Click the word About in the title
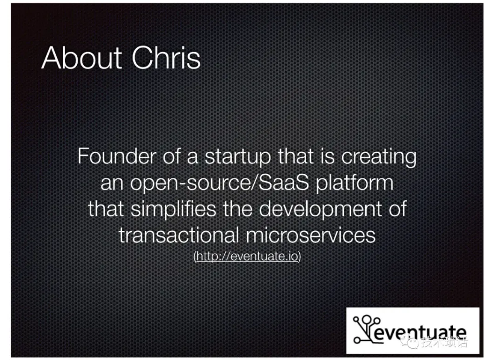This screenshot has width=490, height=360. [x=81, y=58]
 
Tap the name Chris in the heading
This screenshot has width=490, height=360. [x=166, y=58]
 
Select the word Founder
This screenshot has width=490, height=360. [x=117, y=156]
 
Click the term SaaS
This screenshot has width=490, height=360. [x=283, y=183]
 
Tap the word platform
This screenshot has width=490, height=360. [x=355, y=183]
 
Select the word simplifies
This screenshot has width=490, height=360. [x=174, y=209]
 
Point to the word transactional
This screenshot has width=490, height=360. [x=179, y=235]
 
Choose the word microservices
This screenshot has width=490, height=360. [x=311, y=235]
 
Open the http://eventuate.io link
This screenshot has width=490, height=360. [x=247, y=256]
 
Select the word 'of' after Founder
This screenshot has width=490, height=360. [x=171, y=156]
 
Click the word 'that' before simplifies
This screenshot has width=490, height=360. [x=106, y=209]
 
